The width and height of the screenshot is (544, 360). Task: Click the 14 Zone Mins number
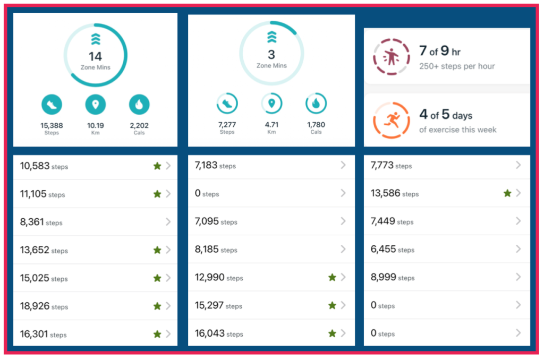96,56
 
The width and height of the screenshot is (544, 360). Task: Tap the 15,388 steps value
52,125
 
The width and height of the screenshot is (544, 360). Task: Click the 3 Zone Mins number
271,55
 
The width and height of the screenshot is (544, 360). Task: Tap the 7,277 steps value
227,125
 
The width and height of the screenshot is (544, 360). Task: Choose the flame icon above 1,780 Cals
316,104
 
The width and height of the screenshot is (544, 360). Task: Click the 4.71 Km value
271,125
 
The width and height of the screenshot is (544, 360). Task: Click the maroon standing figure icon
392,55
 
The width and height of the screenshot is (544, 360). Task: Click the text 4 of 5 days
445,115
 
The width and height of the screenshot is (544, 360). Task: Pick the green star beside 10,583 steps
157,166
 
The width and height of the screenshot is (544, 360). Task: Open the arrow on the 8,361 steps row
168,222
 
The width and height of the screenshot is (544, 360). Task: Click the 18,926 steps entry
44,306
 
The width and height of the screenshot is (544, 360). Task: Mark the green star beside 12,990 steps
332,277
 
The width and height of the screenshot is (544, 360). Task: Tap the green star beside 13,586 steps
507,193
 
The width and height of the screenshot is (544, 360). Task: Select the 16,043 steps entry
219,333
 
